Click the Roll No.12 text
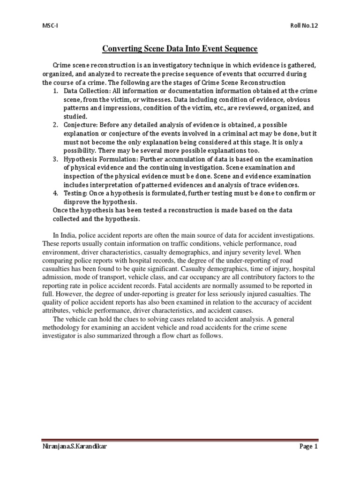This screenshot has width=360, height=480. pos(304,27)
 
